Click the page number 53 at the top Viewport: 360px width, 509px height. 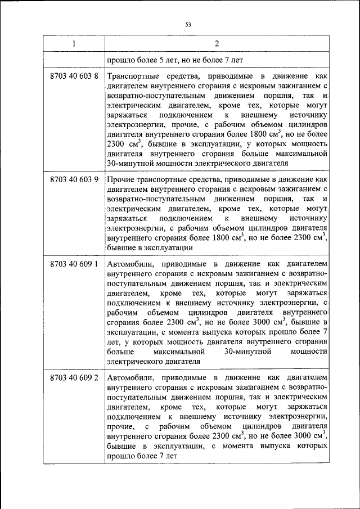[188, 24]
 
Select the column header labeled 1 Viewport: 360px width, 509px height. [73, 44]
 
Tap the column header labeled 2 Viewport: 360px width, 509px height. [217, 44]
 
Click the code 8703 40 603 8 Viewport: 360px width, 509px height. [74, 75]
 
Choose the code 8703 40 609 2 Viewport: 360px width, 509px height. [74, 376]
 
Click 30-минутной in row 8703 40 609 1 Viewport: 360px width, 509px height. [248, 352]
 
